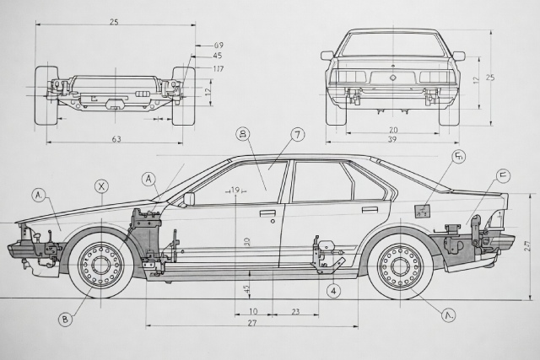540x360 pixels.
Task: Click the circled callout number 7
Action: (298, 134)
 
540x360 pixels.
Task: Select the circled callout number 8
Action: (243, 134)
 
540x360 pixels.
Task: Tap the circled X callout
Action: (102, 186)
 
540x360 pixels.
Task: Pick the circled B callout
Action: (65, 319)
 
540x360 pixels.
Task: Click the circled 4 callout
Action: (334, 291)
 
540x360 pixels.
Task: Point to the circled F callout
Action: (503, 175)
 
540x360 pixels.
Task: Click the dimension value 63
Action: (116, 140)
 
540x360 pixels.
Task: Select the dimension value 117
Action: (219, 68)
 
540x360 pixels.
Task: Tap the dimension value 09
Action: (219, 45)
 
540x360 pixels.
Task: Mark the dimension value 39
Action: (392, 140)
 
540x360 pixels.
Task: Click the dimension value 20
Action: (393, 130)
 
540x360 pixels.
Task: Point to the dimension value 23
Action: (296, 311)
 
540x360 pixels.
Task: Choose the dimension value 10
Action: (253, 311)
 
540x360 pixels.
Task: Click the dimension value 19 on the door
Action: (235, 191)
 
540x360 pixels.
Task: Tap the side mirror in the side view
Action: (189, 199)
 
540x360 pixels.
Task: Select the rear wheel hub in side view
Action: (400, 267)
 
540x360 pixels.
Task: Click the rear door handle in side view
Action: (370, 209)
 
